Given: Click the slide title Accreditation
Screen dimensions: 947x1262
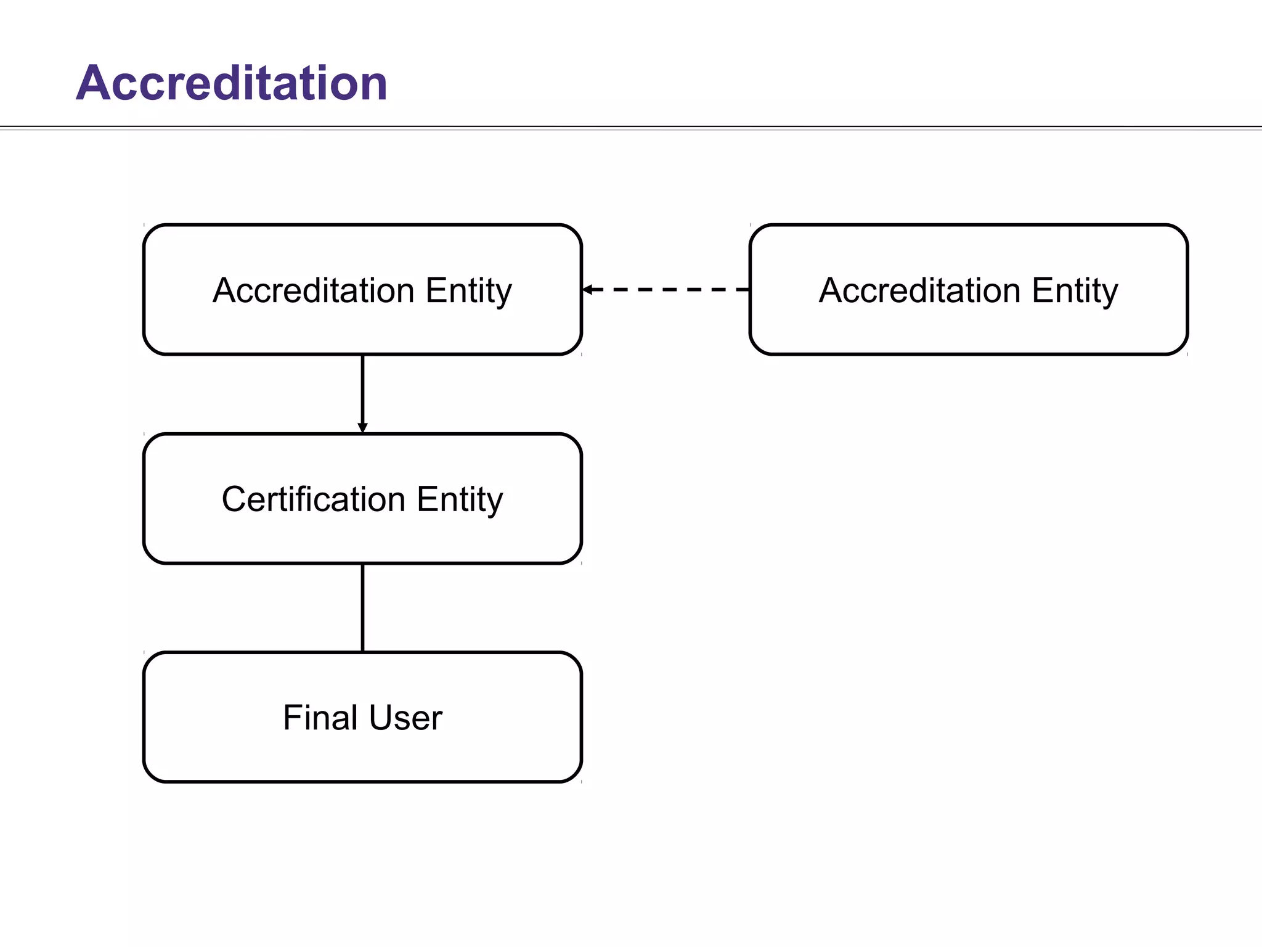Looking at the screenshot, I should tap(231, 83).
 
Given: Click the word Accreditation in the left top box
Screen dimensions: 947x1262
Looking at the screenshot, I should tap(313, 290).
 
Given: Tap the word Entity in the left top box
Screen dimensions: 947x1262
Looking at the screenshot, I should tap(468, 291).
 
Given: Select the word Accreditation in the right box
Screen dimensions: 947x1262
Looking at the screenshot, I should tap(919, 290).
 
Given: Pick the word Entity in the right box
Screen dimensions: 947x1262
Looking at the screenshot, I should tap(1075, 291).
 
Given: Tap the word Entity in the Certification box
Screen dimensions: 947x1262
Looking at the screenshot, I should tap(460, 500).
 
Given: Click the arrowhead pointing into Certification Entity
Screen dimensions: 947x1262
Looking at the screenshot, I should tap(362, 428).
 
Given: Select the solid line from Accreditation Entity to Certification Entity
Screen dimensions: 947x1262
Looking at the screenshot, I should tap(362, 388).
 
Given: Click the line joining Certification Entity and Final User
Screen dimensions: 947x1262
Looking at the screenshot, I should tap(362, 607).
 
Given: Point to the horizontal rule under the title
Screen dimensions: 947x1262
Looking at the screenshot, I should tap(631, 128).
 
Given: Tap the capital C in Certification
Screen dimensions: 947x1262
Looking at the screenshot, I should tap(234, 499).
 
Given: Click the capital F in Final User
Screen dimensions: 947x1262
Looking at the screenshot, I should tap(291, 717).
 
